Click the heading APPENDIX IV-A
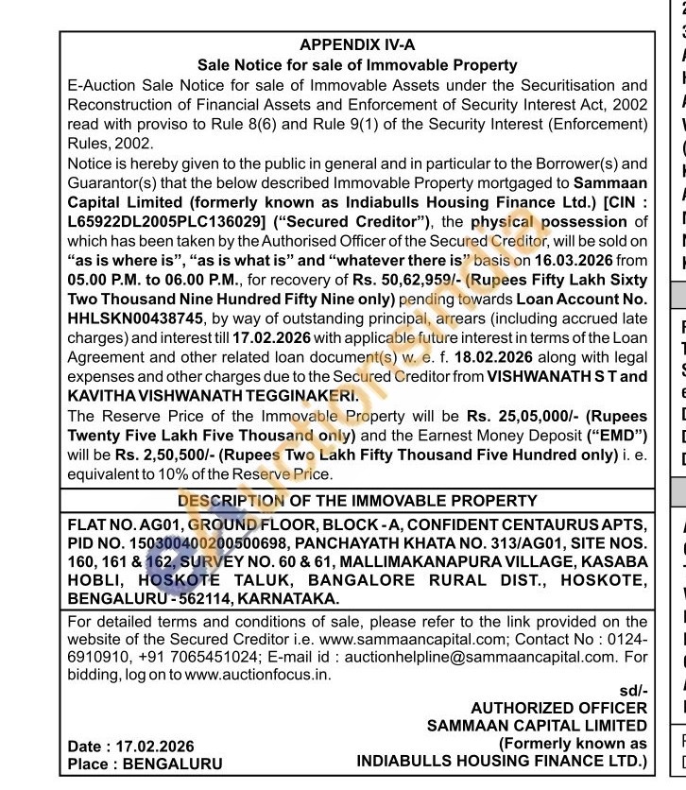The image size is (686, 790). click(x=357, y=44)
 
